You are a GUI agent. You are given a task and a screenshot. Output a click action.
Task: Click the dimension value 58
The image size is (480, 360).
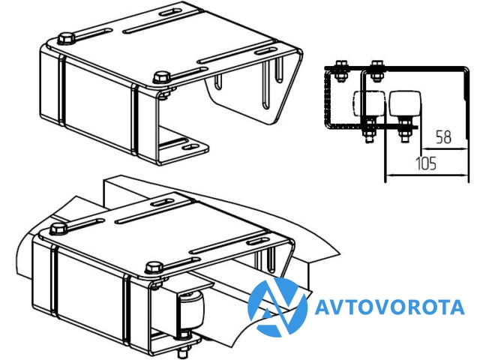coord(443,136)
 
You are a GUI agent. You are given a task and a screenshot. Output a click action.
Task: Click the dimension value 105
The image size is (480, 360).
coord(426,163)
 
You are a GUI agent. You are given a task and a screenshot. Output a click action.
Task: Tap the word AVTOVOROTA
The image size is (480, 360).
coord(389,307)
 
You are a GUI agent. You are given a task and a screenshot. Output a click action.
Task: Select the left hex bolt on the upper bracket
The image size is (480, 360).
coord(67,39)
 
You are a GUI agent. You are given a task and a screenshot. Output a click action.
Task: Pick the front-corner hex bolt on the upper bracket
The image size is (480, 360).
coord(162,76)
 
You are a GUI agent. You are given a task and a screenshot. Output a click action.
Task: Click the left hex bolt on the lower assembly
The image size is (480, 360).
coord(58,229)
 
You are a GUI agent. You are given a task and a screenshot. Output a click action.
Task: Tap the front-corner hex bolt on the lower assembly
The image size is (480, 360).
coord(154,267)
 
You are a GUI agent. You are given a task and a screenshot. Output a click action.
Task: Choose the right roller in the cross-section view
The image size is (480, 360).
coord(404,103)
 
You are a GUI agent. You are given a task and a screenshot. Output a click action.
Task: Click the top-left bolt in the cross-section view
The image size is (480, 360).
coord(341,71)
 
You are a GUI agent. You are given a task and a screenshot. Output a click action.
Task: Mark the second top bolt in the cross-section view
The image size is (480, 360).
coord(376,71)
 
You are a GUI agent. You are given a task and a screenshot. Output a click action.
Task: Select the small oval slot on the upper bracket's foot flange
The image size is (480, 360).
coord(190,147)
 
